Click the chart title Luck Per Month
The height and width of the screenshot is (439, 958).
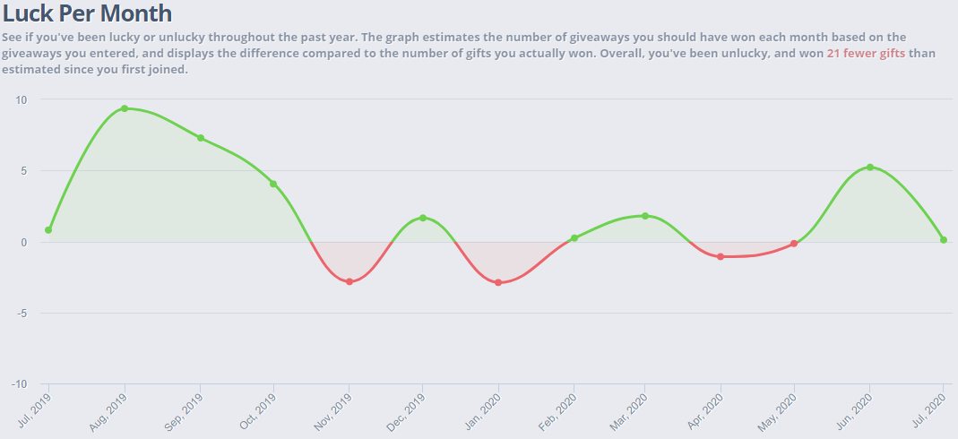click(x=87, y=13)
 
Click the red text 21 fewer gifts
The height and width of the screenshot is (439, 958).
click(x=866, y=54)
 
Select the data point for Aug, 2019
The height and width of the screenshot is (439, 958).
click(x=125, y=108)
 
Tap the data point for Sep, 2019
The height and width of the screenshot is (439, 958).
click(x=201, y=138)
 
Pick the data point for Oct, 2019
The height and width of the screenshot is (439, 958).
click(x=273, y=184)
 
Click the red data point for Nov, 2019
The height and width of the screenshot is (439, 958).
click(x=350, y=281)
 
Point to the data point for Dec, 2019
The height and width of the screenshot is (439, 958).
click(x=423, y=218)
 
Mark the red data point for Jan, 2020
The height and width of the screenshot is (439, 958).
click(x=498, y=283)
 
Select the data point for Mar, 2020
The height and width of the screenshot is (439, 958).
click(x=645, y=216)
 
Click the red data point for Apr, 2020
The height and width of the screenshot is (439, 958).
click(x=721, y=256)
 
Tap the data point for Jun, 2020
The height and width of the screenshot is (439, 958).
click(x=870, y=168)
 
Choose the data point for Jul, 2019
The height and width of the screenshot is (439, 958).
click(x=48, y=230)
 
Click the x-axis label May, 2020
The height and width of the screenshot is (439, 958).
click(x=779, y=412)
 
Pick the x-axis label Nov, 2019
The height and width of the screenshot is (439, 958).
click(x=334, y=412)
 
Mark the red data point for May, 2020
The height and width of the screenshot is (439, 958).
click(x=794, y=244)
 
